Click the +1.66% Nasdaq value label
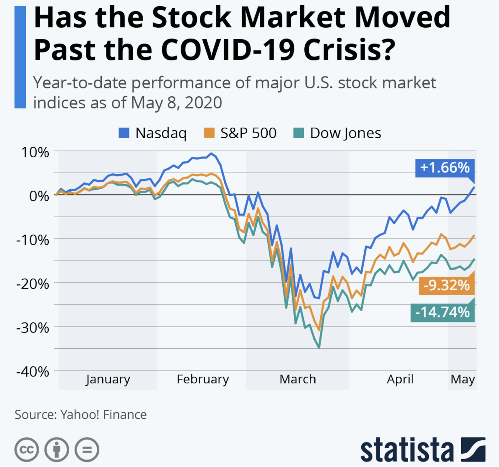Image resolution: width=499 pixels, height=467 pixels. click(445, 168)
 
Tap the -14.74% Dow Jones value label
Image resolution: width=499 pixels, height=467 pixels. click(443, 312)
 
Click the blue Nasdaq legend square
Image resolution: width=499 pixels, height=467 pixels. click(124, 133)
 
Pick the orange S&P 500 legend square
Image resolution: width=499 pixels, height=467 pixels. click(209, 133)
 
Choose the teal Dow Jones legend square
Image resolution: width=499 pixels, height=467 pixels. click(298, 133)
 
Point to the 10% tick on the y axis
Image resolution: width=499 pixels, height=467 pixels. click(35, 152)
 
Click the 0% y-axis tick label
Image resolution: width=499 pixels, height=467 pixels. click(39, 196)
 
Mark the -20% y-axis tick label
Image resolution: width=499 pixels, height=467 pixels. click(33, 284)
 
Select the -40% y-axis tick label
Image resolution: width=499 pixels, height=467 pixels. click(33, 372)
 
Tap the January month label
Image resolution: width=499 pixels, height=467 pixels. click(108, 379)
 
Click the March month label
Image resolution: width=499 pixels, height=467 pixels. click(298, 379)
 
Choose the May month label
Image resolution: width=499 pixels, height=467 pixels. click(463, 379)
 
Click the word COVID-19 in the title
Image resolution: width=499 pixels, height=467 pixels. click(228, 50)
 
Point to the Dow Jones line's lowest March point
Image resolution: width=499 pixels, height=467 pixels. click(319, 347)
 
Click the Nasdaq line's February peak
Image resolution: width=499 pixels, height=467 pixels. click(211, 153)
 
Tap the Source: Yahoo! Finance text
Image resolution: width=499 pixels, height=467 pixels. click(80, 415)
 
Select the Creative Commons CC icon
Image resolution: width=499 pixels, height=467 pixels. click(27, 450)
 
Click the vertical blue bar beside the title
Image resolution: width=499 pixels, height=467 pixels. click(20, 57)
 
